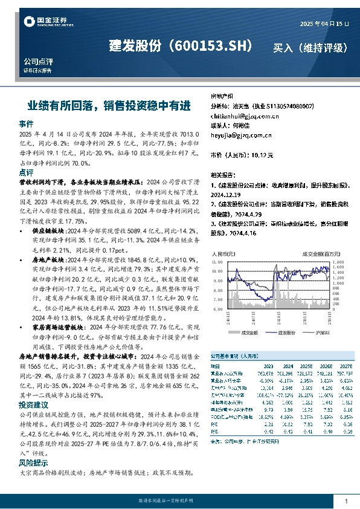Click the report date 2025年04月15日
point(324,24)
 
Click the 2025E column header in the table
point(306,366)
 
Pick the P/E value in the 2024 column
point(286,424)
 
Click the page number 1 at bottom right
point(346,502)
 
